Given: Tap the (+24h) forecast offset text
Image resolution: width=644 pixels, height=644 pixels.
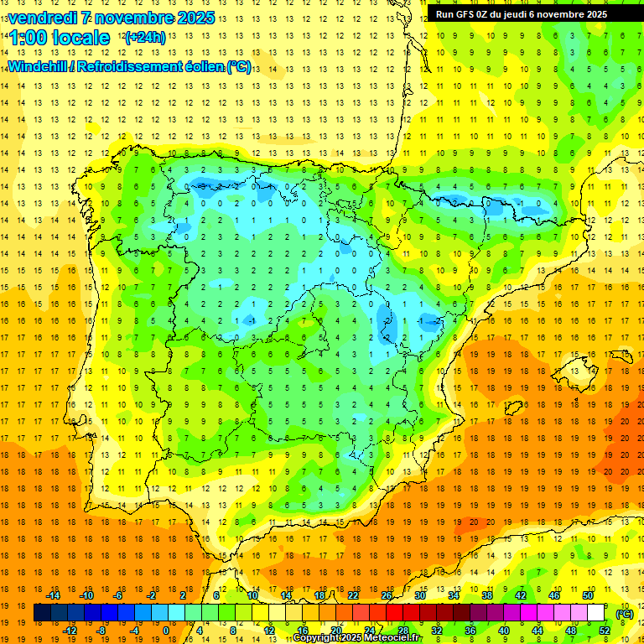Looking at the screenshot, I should (x=145, y=37).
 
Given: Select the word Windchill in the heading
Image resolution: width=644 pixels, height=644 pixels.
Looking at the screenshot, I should (x=37, y=66).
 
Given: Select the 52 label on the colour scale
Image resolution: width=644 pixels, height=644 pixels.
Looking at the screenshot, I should (x=605, y=631).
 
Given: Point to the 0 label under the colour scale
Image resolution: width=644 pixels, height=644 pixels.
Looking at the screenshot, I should (x=165, y=631).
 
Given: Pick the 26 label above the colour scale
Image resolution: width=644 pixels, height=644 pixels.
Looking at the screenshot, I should (x=387, y=595).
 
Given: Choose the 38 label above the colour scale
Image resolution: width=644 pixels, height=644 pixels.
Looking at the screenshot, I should (x=487, y=595).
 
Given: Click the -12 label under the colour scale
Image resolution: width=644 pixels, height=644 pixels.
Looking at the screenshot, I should (x=70, y=631).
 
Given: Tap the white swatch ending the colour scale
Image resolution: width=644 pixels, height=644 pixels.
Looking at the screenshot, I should (x=596, y=613).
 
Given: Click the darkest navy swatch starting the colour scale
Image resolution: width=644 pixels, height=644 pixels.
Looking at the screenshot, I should (x=42, y=613).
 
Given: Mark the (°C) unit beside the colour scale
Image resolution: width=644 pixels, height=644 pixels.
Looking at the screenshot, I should (x=624, y=613).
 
